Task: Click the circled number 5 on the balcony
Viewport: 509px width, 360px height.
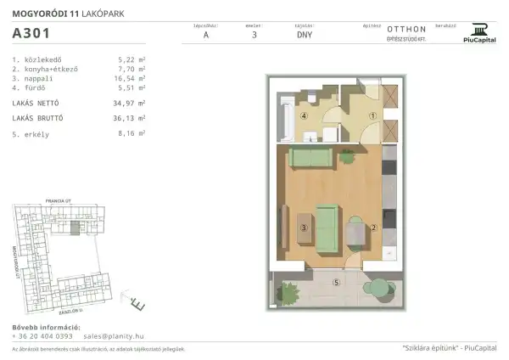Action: tap(336, 282)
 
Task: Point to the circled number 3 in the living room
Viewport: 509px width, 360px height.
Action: tap(304, 227)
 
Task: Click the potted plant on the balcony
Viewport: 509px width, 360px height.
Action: tap(290, 293)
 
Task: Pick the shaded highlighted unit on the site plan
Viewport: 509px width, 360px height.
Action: tap(76, 229)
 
